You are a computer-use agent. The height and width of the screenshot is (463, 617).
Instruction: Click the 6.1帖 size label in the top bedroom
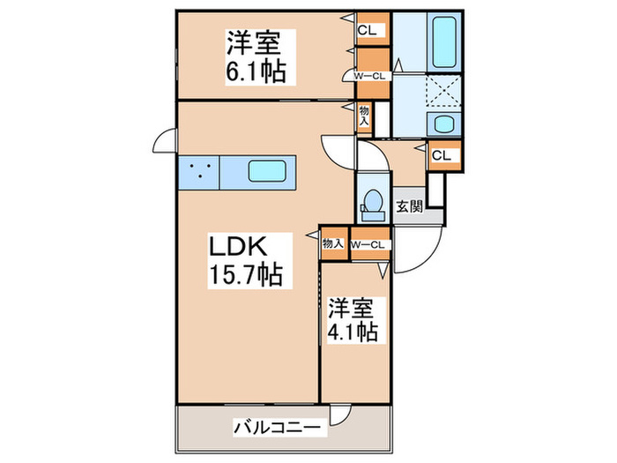256,71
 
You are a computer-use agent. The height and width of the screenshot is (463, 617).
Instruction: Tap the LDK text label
236,245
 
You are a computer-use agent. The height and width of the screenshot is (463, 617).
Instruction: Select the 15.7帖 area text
245,275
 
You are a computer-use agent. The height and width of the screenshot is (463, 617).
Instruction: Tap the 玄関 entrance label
408,207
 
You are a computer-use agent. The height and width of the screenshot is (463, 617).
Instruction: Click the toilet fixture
370,204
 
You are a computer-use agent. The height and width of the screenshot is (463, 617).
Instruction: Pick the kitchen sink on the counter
265,170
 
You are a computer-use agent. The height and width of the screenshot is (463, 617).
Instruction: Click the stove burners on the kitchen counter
199,170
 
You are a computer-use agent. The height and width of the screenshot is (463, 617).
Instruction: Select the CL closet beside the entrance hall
442,155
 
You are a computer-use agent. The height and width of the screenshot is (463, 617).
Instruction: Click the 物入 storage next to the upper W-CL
364,115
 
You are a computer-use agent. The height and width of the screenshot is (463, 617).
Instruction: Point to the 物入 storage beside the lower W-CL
331,244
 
